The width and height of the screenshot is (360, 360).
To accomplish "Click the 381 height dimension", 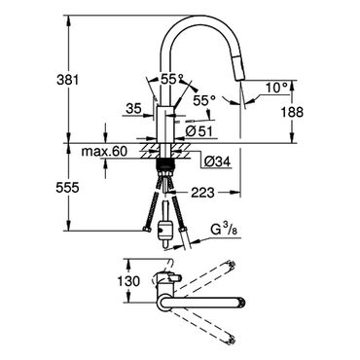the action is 68,80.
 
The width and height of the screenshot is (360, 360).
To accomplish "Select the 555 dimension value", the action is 67,188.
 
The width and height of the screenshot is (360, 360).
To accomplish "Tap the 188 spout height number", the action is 292,112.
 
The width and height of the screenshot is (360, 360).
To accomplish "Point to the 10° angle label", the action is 276,88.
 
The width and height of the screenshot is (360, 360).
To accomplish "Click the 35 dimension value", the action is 134,109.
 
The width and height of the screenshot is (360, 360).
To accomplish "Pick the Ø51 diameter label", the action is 199,131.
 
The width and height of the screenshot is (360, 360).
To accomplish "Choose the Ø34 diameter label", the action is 218,162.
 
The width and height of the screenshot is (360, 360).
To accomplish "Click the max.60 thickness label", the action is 104,151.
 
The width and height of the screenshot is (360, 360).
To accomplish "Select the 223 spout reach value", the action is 202,193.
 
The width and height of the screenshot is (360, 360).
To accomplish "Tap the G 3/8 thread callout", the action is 225,231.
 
